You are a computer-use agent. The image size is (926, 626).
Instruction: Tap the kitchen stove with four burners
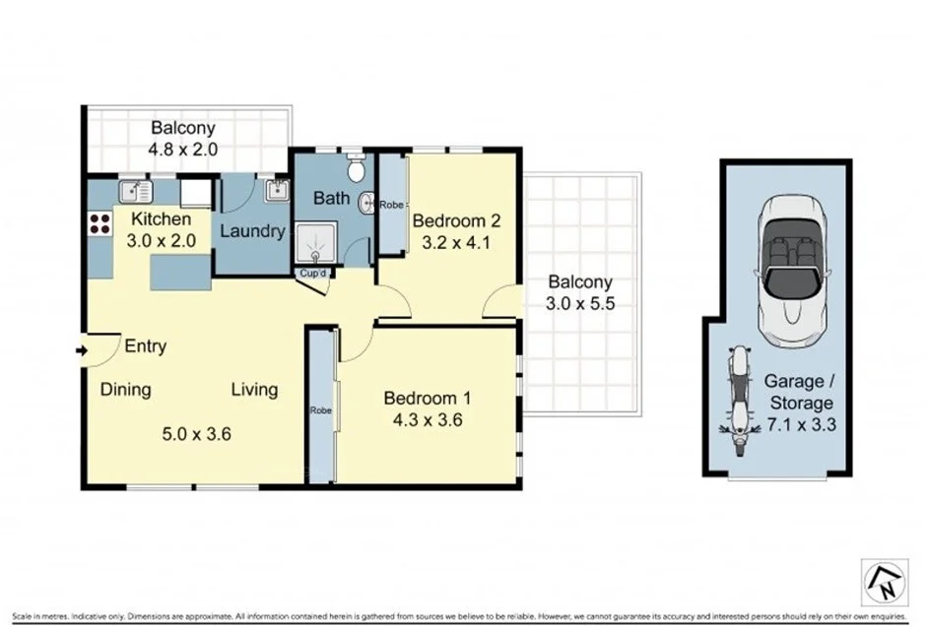[x=99, y=223]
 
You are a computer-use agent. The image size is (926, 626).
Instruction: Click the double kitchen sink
[x=135, y=191]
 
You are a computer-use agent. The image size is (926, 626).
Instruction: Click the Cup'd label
[x=313, y=273]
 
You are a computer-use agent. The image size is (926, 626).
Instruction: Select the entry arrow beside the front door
[x=80, y=347]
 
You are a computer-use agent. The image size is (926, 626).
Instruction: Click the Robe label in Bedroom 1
[x=320, y=410]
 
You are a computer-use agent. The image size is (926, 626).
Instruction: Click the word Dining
[x=126, y=390]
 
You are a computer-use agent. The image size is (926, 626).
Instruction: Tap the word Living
[x=254, y=390]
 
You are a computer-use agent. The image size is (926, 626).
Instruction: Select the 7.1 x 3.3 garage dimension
[x=798, y=425]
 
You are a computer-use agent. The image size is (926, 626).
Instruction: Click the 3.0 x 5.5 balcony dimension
[x=580, y=305]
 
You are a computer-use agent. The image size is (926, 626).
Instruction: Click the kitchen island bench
[x=180, y=272]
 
